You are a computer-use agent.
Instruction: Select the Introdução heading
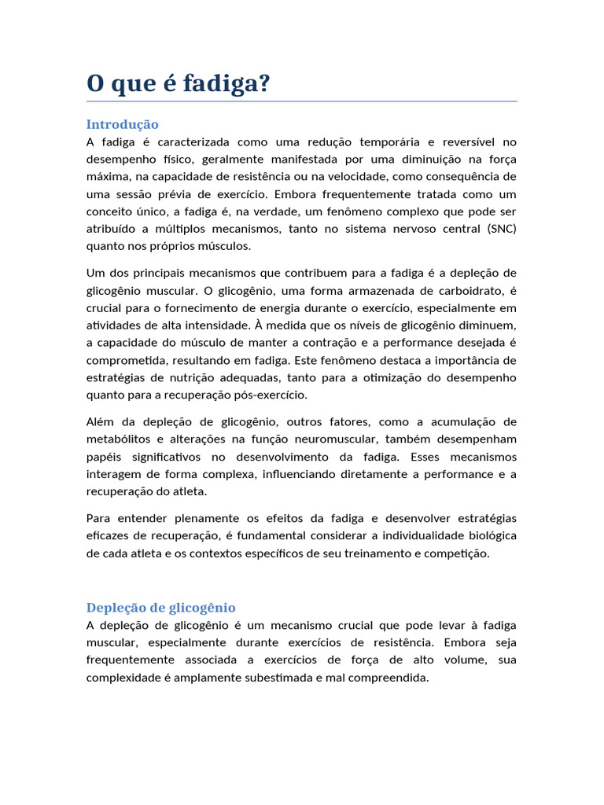pyautogui.click(x=122, y=124)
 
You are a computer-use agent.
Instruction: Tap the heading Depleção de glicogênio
pyautogui.click(x=160, y=608)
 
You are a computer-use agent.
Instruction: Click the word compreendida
pyautogui.click(x=387, y=677)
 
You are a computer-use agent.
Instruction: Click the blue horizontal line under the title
pyautogui.click(x=302, y=101)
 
